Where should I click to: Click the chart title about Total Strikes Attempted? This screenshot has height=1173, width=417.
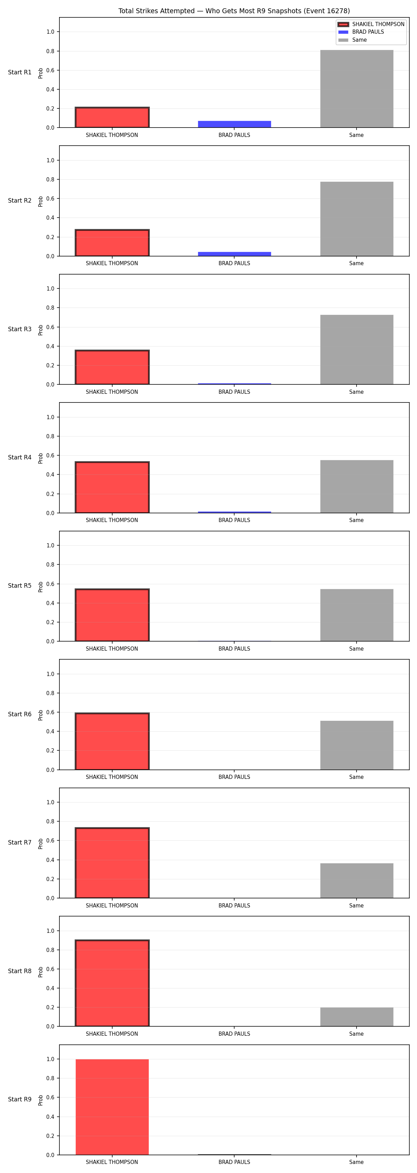tap(234, 11)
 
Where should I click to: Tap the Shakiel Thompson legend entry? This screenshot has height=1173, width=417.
tap(371, 24)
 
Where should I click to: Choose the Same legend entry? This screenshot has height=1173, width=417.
tap(352, 40)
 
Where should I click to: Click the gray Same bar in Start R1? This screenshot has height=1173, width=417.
tap(357, 89)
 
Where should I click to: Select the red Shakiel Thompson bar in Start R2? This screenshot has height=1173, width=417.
tap(112, 243)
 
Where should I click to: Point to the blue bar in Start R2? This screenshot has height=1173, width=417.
tap(235, 254)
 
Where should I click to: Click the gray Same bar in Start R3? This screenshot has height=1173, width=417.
tap(357, 350)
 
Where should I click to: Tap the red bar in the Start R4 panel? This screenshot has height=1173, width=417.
tap(112, 487)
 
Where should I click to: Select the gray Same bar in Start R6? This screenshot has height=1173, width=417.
tap(357, 745)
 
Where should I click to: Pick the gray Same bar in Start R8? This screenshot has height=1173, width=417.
tap(357, 1017)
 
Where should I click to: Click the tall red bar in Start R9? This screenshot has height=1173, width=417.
tap(112, 1107)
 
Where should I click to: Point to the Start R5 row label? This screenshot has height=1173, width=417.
tap(19, 586)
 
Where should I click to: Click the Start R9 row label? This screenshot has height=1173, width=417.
tap(19, 1099)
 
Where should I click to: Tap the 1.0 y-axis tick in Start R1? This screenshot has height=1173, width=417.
tap(50, 32)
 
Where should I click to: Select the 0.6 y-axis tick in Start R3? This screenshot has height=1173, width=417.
tap(50, 327)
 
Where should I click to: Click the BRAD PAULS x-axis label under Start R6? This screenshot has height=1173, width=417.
tap(235, 777)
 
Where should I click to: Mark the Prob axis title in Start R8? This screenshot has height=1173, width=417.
tap(41, 972)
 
